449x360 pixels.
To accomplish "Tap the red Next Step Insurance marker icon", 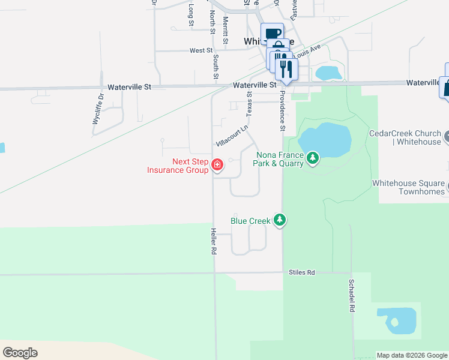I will tap(217, 164).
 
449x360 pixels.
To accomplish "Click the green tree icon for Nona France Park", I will tap(312, 158).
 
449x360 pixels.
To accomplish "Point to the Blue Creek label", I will tap(251, 221).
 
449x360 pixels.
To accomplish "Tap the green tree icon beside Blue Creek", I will tap(279, 221).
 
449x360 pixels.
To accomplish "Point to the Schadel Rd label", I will tap(350, 295).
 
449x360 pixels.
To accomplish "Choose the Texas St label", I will tap(250, 101).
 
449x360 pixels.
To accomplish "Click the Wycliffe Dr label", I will tap(98, 108).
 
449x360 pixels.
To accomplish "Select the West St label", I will tap(201, 51).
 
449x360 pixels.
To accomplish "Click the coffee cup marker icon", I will tap(272, 34).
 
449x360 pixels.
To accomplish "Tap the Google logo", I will tap(20, 353).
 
